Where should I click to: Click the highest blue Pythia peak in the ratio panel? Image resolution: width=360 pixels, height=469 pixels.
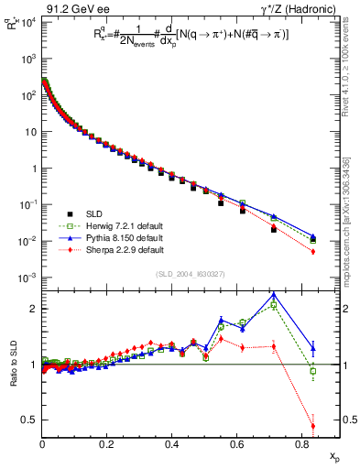[275, 295]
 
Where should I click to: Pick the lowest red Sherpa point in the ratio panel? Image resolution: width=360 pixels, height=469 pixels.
[313, 425]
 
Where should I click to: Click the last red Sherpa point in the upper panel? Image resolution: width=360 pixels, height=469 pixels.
[313, 252]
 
